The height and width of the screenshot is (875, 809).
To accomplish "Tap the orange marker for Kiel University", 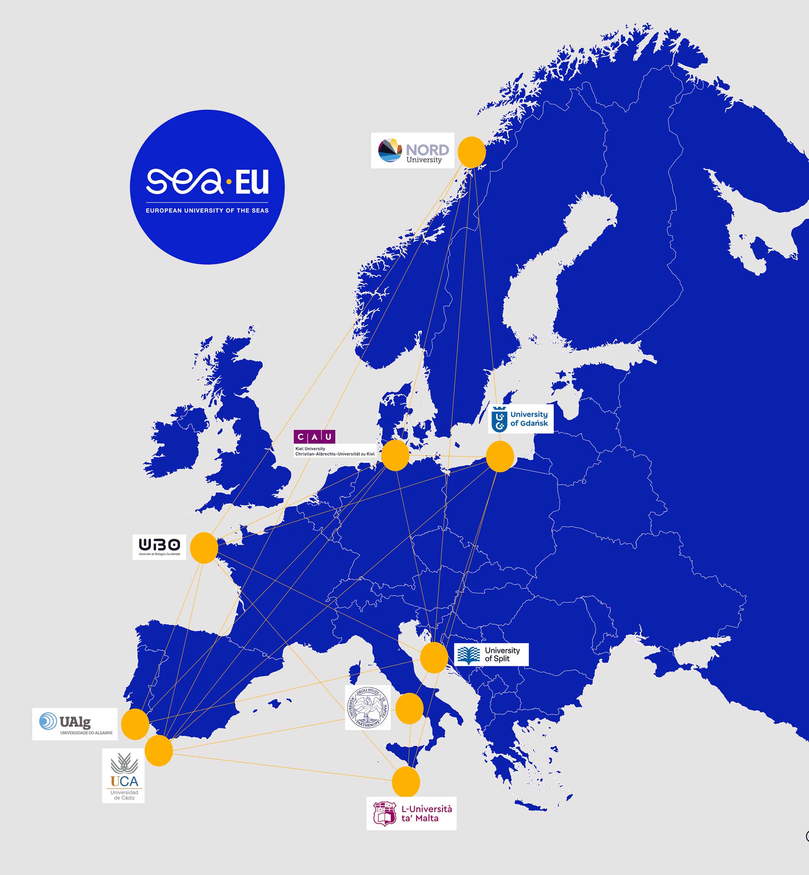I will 395,455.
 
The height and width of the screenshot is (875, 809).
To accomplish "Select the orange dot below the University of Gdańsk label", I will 500,457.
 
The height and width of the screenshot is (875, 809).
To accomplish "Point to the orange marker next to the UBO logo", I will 204,548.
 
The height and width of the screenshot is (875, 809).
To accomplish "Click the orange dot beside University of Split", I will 434,657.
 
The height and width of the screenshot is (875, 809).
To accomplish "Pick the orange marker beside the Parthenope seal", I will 409,708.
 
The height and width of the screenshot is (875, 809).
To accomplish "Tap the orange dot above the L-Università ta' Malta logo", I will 406,782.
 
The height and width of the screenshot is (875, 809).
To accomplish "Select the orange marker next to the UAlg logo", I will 135,725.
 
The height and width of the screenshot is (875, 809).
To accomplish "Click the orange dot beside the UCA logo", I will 159,751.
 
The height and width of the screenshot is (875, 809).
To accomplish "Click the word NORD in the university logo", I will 427,150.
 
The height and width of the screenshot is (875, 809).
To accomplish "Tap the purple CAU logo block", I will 314,436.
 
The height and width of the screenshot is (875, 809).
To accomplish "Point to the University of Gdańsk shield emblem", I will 500,419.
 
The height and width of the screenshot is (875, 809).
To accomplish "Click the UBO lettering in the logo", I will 159,544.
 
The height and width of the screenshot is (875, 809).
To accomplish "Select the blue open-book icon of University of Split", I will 468,655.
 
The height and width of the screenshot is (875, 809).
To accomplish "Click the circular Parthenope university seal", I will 368,708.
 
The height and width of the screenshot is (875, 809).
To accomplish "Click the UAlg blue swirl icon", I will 48,721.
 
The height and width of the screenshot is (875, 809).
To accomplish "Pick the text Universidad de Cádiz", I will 124,795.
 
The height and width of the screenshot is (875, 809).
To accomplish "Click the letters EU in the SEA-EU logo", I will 252,182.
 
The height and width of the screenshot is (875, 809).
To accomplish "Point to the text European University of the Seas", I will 207,210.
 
